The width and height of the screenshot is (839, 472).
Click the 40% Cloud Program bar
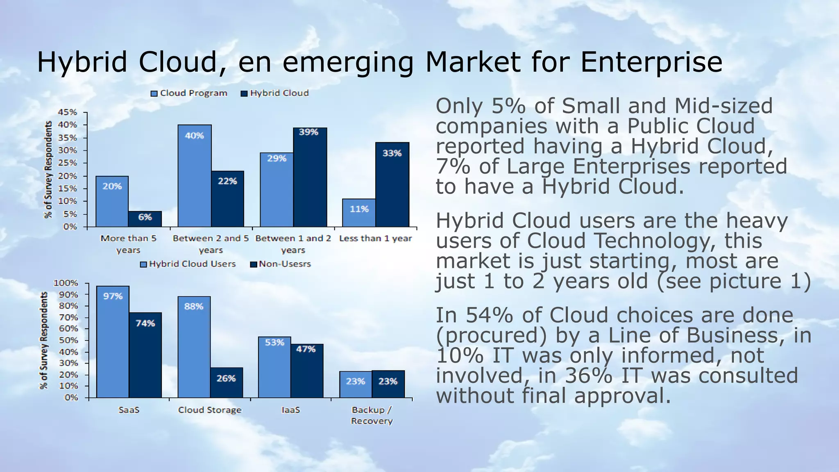(195, 176)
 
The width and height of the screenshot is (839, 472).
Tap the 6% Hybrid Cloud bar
(145, 219)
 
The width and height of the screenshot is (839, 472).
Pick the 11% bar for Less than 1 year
(359, 213)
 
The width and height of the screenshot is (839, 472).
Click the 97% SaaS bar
(113, 342)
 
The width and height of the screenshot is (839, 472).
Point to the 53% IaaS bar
(274, 367)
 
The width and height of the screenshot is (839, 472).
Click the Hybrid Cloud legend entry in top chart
(274, 93)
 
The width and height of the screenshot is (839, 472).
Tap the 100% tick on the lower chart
(66, 283)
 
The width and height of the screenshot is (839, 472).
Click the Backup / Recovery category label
(372, 415)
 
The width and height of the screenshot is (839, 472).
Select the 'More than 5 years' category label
(128, 244)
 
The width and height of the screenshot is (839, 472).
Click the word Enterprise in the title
(651, 62)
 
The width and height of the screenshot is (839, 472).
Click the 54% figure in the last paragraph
(490, 316)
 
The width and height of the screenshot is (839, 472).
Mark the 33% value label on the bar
(392, 154)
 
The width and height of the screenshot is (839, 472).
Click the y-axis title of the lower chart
(44, 340)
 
